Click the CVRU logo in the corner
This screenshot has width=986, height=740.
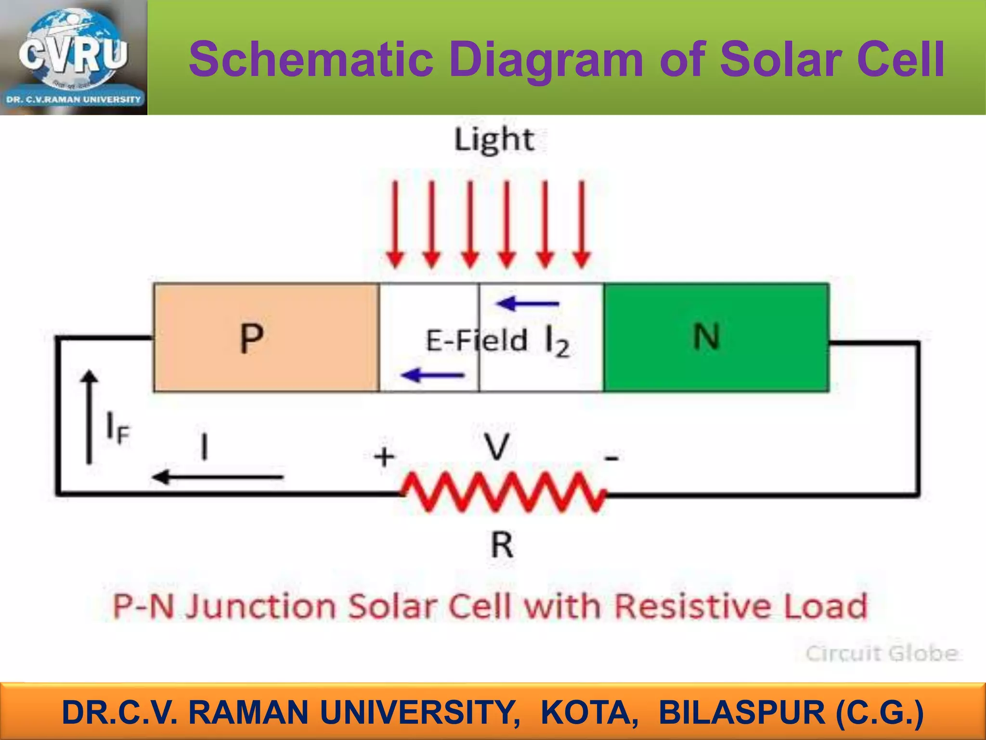73,57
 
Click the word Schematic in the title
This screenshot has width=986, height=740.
311,60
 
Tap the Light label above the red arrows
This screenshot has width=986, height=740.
494,140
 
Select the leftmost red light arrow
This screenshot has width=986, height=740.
395,224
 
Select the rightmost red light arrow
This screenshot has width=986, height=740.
582,224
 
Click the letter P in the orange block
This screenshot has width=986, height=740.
251,338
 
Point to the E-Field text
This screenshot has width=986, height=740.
476,341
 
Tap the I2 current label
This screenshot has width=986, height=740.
557,341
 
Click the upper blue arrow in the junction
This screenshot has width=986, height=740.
528,304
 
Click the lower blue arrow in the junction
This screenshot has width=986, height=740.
432,374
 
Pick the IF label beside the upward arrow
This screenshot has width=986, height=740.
117,428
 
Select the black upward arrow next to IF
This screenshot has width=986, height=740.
89,416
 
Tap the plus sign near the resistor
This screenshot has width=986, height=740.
384,457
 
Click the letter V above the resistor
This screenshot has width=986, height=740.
496,447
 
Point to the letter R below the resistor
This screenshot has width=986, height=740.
502,545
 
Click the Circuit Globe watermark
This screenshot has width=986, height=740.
882,654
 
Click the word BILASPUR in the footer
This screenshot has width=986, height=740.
742,713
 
